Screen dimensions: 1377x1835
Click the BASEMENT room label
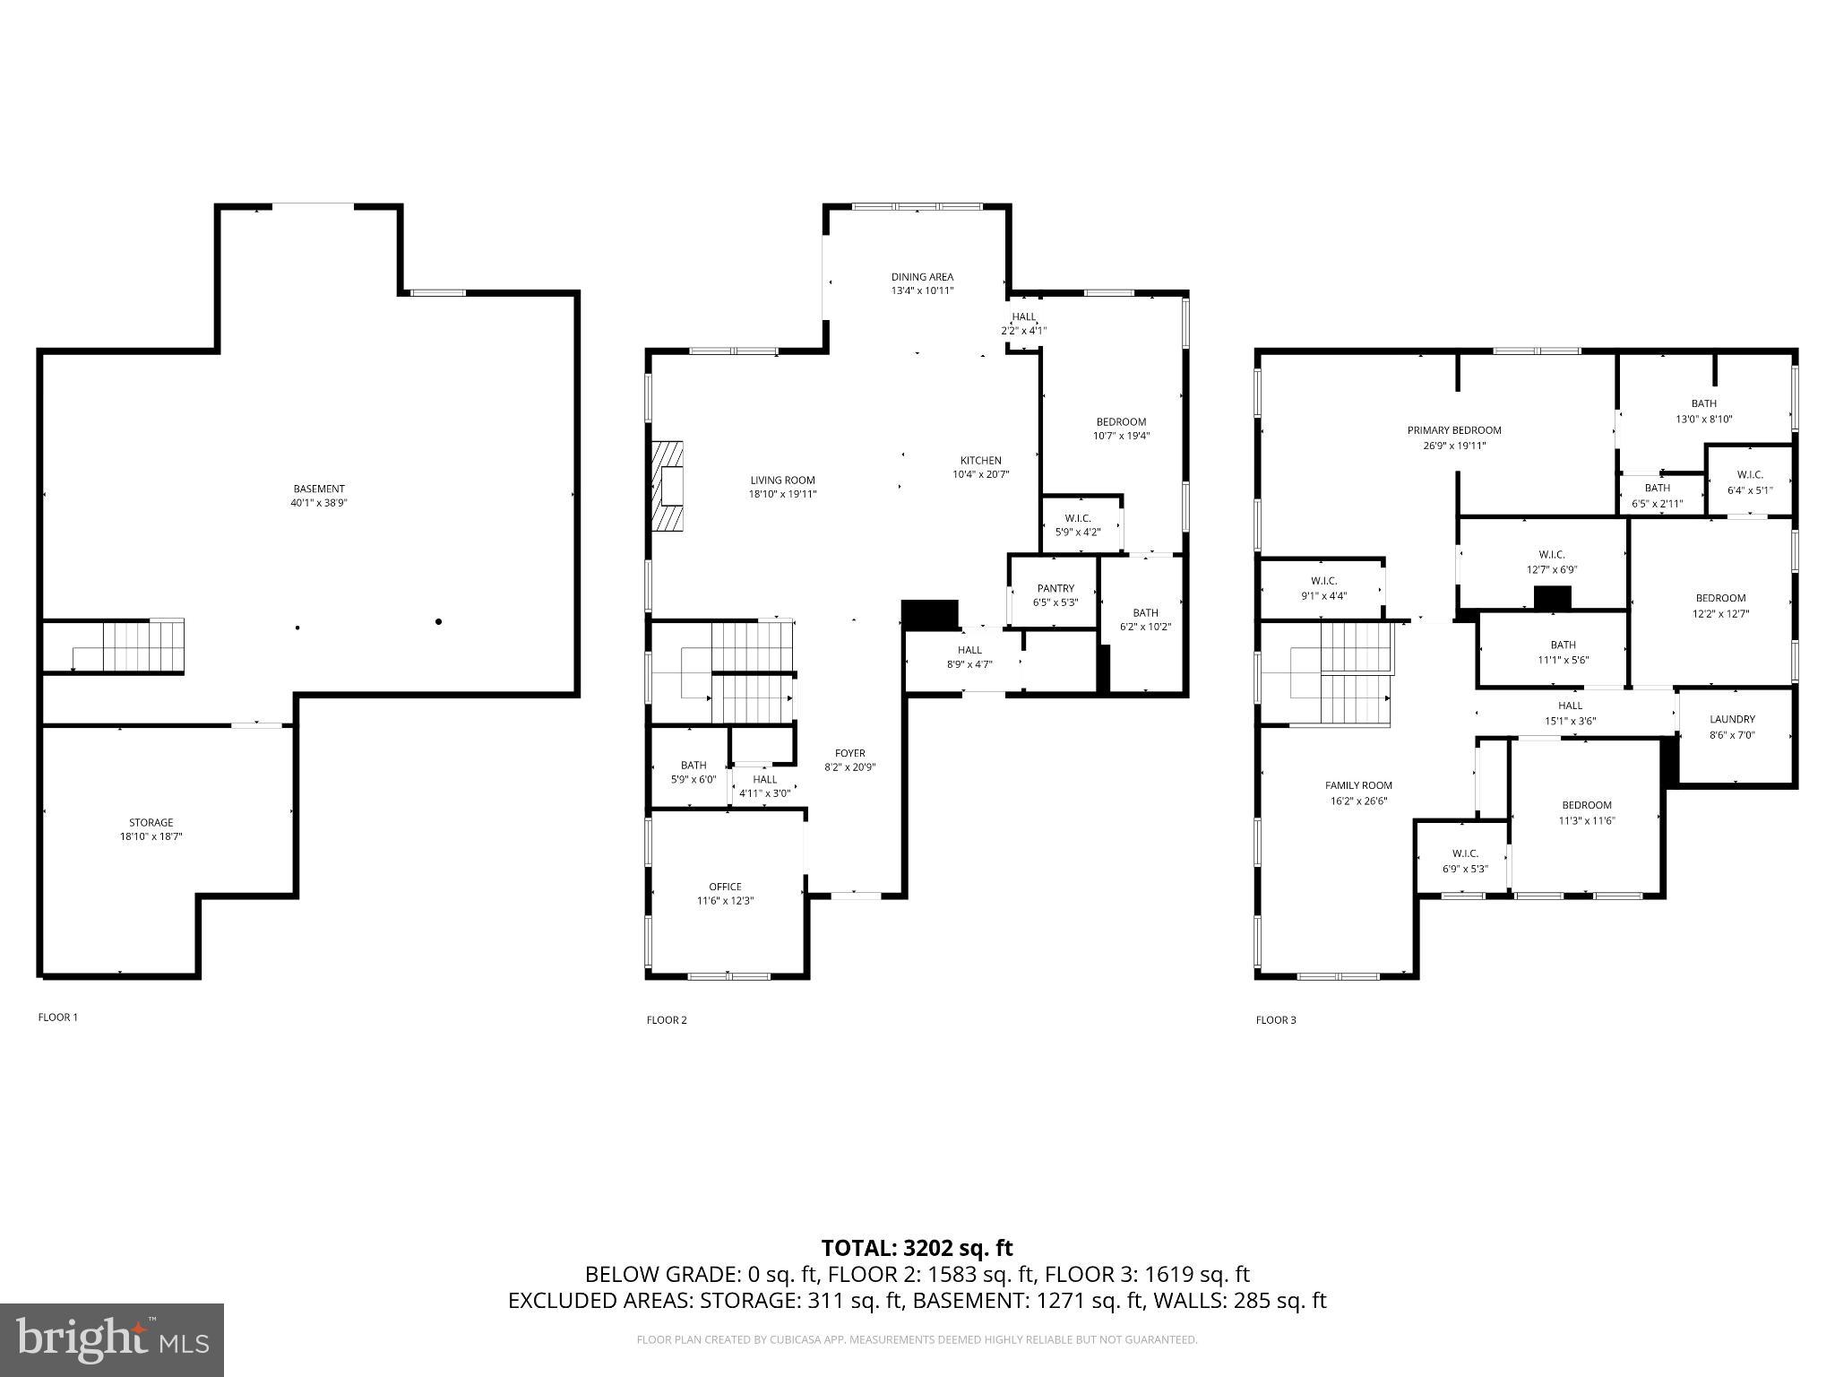click(x=318, y=489)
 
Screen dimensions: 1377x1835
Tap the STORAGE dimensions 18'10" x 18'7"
click(x=151, y=836)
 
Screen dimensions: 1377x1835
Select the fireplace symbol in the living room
click(x=668, y=486)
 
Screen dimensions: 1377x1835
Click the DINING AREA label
click(x=922, y=277)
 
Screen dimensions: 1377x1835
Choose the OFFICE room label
click(x=725, y=887)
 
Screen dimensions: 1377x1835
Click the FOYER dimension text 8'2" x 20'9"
click(x=849, y=767)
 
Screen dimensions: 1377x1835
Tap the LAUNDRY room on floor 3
click(x=1732, y=726)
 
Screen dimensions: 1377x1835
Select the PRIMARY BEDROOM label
click(x=1453, y=430)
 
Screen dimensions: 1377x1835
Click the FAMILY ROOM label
click(x=1358, y=785)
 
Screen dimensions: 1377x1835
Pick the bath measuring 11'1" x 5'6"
click(x=1563, y=652)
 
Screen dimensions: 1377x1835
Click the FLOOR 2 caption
click(x=667, y=1020)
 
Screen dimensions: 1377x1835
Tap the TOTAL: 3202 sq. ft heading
click(x=917, y=1248)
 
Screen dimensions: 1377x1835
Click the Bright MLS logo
click(x=112, y=1339)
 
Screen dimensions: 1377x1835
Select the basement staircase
click(x=134, y=645)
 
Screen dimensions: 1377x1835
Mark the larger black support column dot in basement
click(x=438, y=621)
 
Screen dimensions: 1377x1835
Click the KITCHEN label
click(x=980, y=461)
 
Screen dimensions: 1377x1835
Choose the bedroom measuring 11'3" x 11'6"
click(x=1586, y=812)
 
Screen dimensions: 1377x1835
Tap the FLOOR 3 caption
click(x=1275, y=1020)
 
